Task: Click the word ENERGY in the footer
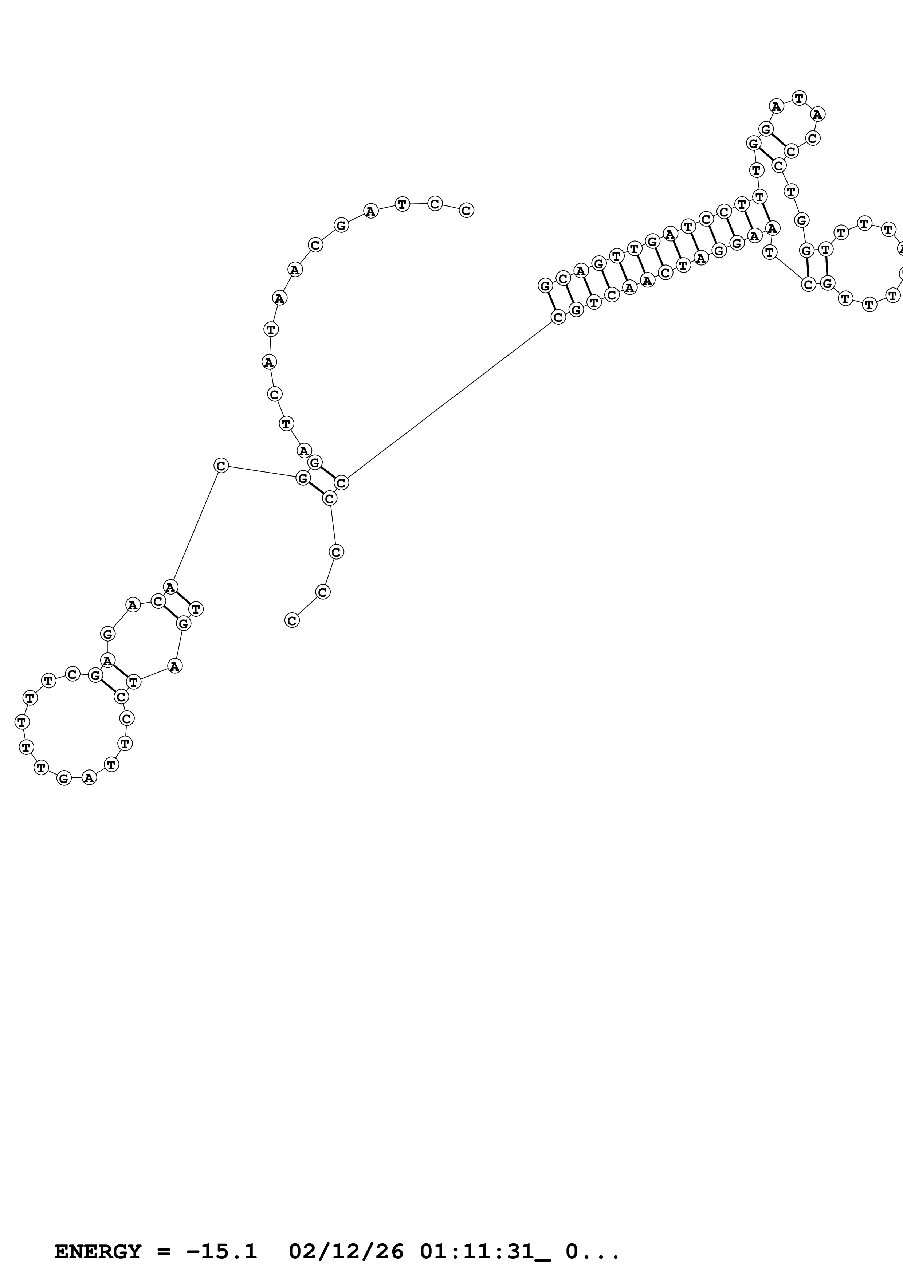tap(97, 1252)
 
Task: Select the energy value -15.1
tap(221, 1252)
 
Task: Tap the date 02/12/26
tap(346, 1252)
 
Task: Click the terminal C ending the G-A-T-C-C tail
tap(466, 211)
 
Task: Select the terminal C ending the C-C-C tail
tap(291, 620)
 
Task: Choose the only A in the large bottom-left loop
tap(89, 777)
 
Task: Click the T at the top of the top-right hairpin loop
tap(799, 98)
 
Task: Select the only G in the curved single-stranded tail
tap(341, 226)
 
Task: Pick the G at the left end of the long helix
tap(545, 286)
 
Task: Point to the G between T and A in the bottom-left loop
tap(64, 778)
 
